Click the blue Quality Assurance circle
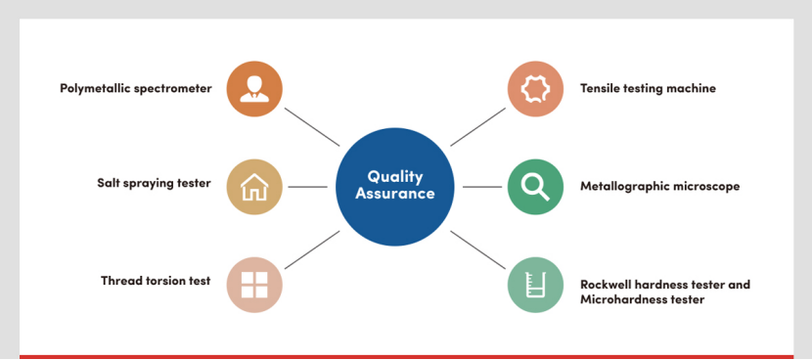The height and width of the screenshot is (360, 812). click(394, 187)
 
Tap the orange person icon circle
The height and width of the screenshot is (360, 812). click(254, 89)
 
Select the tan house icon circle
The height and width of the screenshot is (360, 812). click(254, 187)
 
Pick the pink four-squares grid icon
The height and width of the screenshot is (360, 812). click(254, 285)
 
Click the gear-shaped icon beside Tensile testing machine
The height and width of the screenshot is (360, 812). click(535, 89)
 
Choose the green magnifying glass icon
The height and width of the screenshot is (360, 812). click(535, 187)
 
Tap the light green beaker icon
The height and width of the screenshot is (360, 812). click(535, 285)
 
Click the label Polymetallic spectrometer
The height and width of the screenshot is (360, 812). click(136, 89)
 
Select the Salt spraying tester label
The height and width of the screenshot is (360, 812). click(154, 183)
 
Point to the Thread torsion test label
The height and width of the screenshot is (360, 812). click(156, 281)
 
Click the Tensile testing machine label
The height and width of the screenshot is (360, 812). click(648, 89)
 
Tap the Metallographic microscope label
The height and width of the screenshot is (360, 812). click(659, 186)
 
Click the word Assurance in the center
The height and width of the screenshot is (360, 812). click(395, 194)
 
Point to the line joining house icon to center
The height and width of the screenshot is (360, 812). click(307, 187)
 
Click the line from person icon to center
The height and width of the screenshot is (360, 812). click(312, 127)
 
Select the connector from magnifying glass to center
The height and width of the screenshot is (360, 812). click(482, 187)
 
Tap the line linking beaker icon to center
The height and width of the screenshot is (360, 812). click(478, 249)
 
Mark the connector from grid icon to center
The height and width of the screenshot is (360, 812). click(312, 249)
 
